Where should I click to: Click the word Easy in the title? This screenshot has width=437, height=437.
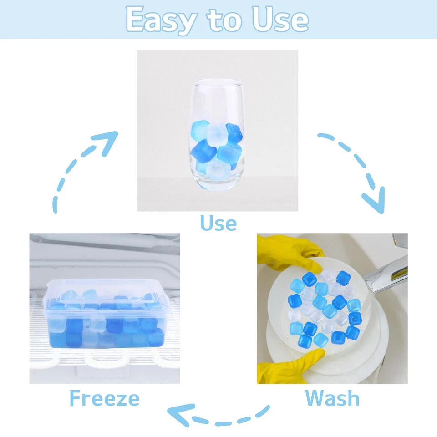pos(161,20)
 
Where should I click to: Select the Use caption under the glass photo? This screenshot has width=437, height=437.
pos(218,223)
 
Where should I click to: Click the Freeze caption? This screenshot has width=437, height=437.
pos(104,398)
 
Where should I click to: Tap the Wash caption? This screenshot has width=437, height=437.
pos(332,398)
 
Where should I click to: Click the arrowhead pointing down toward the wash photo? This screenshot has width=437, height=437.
pos(373,203)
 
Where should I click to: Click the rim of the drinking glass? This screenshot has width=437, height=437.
pos(217,83)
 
